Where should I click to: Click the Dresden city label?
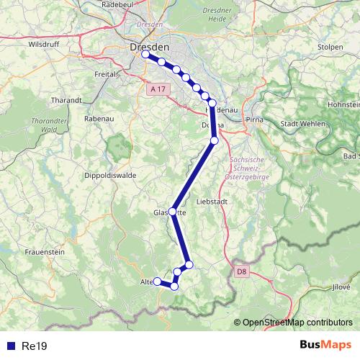coord(150,46)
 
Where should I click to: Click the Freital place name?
coord(106,73)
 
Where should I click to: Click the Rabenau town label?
coord(98,119)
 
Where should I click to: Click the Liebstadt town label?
coord(212,202)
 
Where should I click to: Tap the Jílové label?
coord(341,287)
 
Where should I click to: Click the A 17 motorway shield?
coord(158,89)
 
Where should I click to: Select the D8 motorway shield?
coord(241,271)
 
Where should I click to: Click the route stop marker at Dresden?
coord(145,55)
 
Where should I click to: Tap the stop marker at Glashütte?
coord(172,211)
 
